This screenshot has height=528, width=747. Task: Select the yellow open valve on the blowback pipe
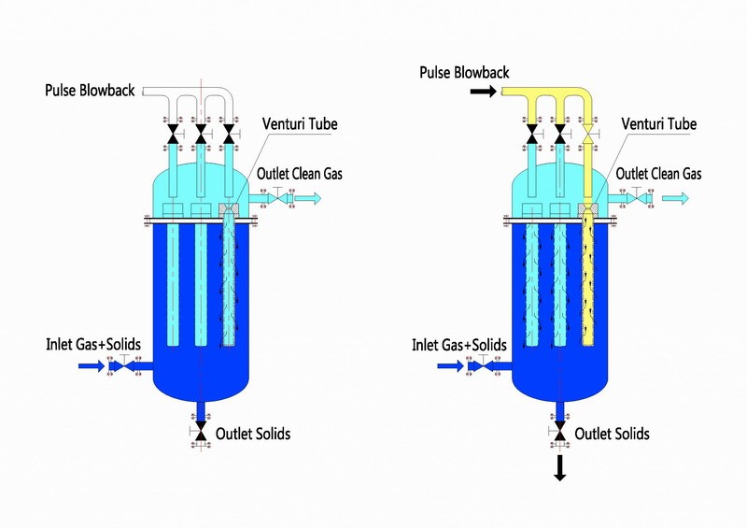pyautogui.click(x=587, y=138)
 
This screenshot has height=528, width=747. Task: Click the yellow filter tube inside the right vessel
pyautogui.click(x=588, y=280)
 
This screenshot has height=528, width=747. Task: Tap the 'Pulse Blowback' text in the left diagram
pyautogui.click(x=91, y=91)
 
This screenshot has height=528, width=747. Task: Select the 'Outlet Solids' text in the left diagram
pyautogui.click(x=252, y=434)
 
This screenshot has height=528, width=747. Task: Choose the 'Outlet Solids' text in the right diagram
pyautogui.click(x=612, y=434)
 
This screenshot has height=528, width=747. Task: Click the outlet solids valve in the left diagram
pyautogui.click(x=200, y=431)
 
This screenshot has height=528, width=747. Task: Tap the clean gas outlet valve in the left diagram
pyautogui.click(x=276, y=197)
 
